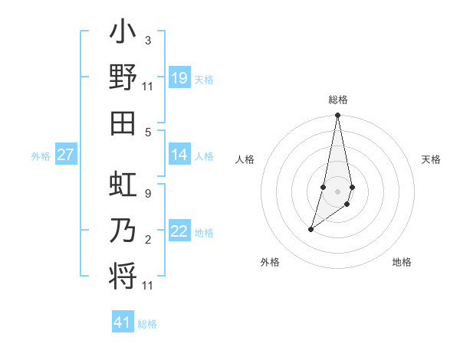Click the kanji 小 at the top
123,34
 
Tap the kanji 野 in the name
123,77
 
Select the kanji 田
123,122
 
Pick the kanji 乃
123,230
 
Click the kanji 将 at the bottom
123,274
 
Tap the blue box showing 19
179,78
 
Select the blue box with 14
179,155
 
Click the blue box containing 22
179,232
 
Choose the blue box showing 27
66,155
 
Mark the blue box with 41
123,322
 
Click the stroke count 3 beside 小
147,40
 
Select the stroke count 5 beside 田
147,131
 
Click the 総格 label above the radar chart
338,100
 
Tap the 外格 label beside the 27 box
41,156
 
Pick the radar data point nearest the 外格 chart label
310,229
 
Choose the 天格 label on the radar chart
431,159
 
